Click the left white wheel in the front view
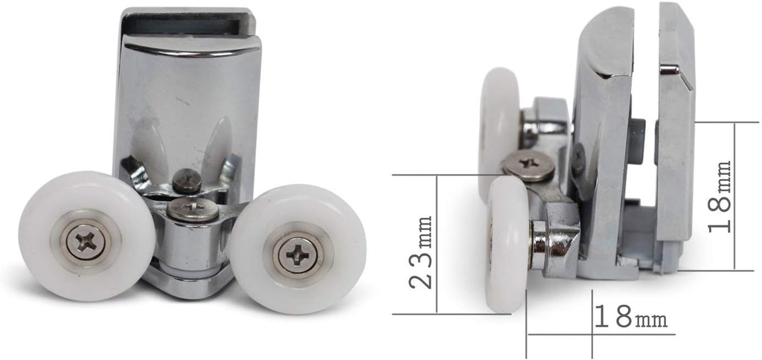coord(86,237)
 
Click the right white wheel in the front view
coord(298,248)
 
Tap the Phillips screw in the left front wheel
coord(86,240)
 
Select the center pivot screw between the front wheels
coord(193,209)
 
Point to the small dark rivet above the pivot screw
coord(186,179)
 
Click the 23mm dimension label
coord(423,251)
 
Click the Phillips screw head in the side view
coord(528,163)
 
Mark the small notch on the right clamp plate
coord(670,70)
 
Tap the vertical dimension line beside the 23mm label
coord(438,245)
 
